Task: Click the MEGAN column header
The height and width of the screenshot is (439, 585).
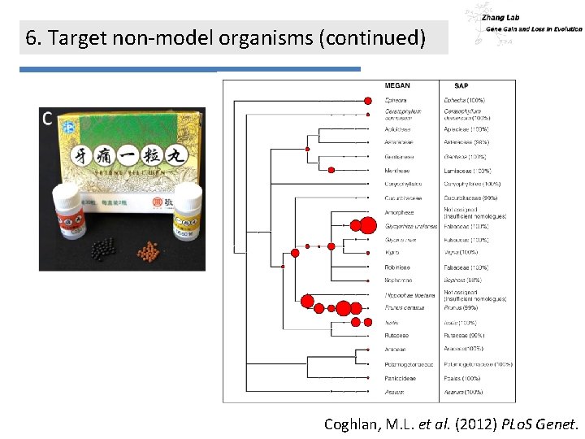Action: click(397, 85)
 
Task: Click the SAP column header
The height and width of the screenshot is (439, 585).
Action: click(461, 85)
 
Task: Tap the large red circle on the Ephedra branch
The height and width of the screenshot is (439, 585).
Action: click(369, 100)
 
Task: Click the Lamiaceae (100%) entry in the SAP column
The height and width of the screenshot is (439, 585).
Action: click(467, 171)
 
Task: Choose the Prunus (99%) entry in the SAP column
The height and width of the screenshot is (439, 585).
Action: click(461, 308)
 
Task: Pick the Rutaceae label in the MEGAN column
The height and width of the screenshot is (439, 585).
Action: click(396, 335)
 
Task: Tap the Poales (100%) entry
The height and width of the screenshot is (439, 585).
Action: click(462, 378)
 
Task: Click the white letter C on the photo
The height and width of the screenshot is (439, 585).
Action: click(47, 119)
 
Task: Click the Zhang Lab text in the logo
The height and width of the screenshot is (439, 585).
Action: click(500, 17)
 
